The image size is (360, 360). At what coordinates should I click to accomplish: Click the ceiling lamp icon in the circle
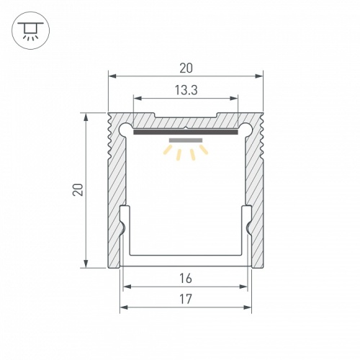pyautogui.click(x=30, y=30)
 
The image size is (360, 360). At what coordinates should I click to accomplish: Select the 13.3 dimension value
pyautogui.click(x=186, y=90)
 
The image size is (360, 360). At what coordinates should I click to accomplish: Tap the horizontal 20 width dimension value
pyautogui.click(x=186, y=68)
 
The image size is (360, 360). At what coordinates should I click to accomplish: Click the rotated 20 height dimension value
pyautogui.click(x=78, y=190)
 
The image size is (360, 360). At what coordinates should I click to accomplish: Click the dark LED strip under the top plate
pyautogui.click(x=186, y=132)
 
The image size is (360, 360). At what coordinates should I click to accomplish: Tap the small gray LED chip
pyautogui.click(x=186, y=140)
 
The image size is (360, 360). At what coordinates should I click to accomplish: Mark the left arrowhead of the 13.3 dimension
pyautogui.click(x=137, y=97)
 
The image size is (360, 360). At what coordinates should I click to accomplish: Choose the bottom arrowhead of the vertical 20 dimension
pyautogui.click(x=87, y=264)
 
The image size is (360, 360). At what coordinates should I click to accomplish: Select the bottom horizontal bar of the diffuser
pyautogui.click(x=186, y=257)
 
